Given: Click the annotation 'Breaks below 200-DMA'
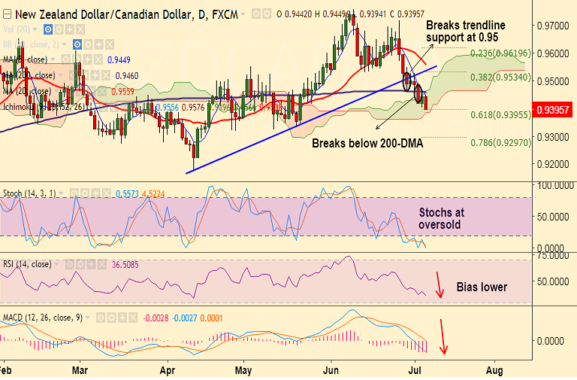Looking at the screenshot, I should (367, 142).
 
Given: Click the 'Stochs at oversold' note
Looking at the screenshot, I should (442, 218).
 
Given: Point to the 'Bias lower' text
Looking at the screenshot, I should (482, 287).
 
